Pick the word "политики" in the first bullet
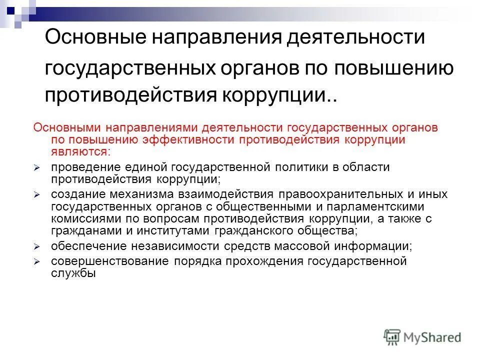click(299, 167)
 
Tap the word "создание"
click(74, 194)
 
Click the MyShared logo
click(422, 337)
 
